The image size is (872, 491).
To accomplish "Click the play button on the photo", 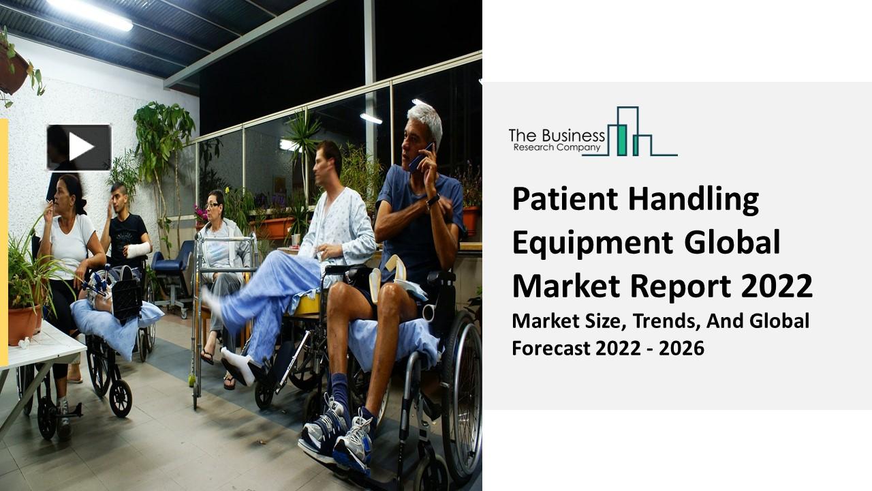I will (79, 147).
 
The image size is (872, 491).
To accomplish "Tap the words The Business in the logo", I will (557, 134).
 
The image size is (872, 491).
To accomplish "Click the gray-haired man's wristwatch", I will (433, 200).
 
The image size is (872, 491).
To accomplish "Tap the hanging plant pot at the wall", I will (12, 72).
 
